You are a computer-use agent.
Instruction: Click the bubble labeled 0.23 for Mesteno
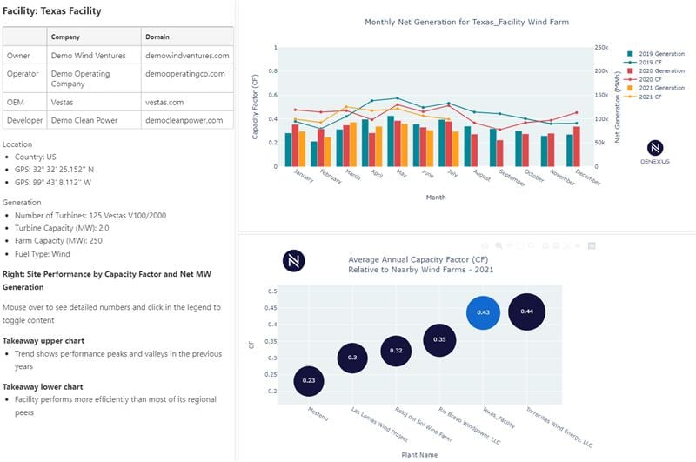[309, 380]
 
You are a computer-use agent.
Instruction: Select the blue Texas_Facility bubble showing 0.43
[484, 312]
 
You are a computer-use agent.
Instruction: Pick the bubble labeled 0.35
[440, 338]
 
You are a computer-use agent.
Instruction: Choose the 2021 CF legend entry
[650, 97]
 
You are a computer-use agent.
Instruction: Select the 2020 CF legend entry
[650, 80]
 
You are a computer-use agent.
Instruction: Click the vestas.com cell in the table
[164, 102]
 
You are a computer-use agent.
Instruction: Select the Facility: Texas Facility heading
[51, 11]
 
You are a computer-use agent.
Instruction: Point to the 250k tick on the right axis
[601, 48]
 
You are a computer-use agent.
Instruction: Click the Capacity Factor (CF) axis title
[256, 107]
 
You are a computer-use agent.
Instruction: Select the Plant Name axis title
[419, 454]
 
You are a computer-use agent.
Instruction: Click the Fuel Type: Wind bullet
[52, 254]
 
